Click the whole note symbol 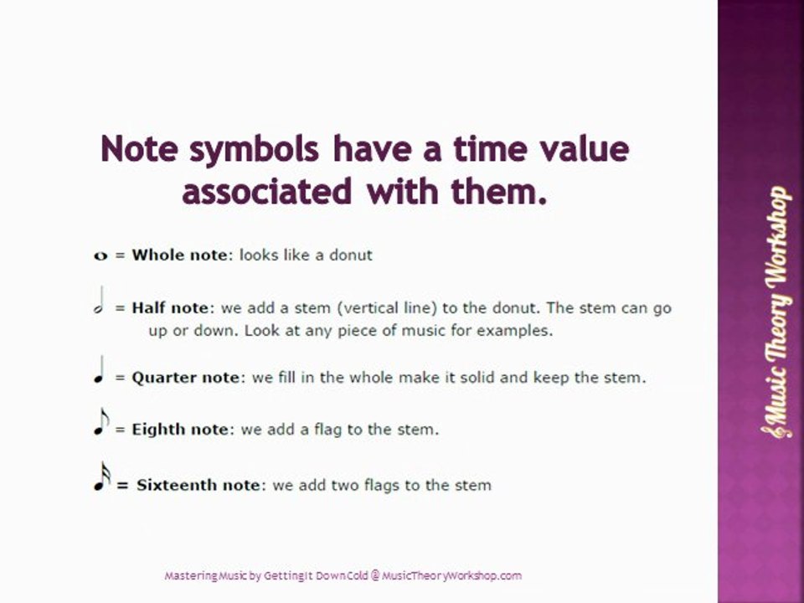click(x=101, y=255)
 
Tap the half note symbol click(x=100, y=303)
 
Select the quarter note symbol click(x=100, y=371)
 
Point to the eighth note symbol click(x=100, y=423)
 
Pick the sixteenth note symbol click(x=101, y=477)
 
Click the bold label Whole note click(x=179, y=255)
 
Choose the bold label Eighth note click(x=179, y=430)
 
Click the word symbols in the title click(x=255, y=150)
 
